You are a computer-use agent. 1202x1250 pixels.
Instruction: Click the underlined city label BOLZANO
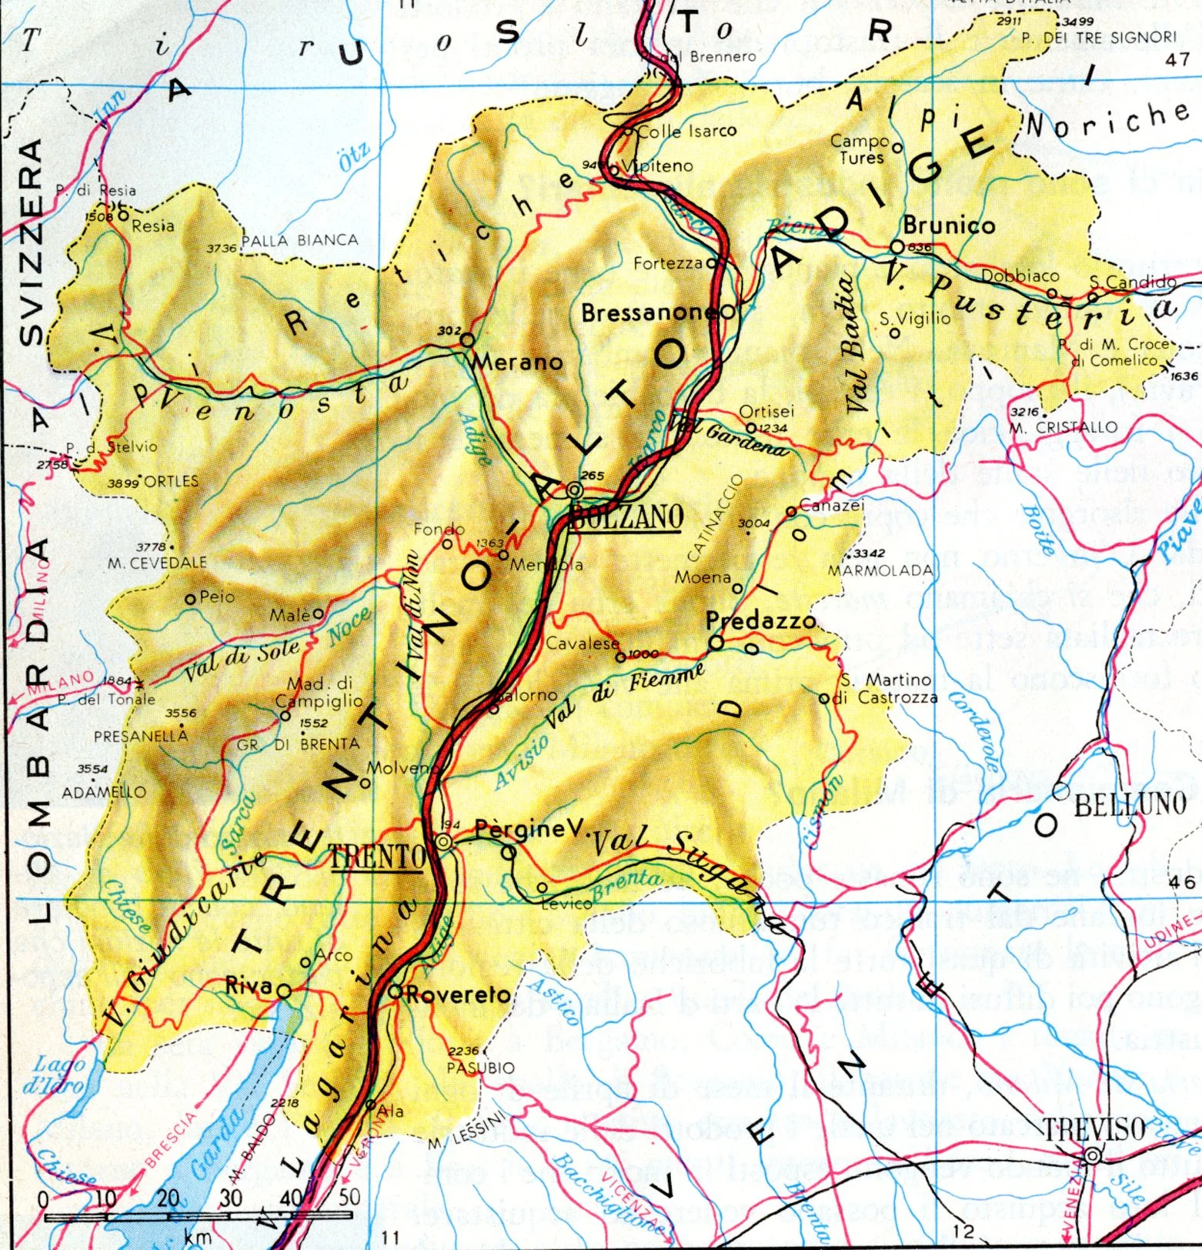[626, 517]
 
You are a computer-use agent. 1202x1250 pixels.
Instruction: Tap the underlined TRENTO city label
[377, 856]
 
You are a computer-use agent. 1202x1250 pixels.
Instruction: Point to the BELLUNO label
[1130, 804]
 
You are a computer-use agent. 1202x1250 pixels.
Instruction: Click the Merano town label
[517, 361]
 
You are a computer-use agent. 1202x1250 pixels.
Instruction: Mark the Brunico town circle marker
[896, 246]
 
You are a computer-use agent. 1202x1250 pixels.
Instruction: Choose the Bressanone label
[649, 313]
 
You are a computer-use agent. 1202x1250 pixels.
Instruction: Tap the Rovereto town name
[458, 994]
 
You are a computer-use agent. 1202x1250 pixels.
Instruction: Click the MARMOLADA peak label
[880, 570]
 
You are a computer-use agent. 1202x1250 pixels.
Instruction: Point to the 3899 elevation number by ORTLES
[123, 483]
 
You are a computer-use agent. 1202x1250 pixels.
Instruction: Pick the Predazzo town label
[760, 620]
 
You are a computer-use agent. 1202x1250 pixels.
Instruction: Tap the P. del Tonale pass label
[106, 700]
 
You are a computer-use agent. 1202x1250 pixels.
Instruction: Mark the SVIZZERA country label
[31, 242]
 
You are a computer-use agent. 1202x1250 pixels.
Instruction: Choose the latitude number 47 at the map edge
[1177, 59]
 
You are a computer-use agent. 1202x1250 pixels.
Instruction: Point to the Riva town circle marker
[284, 991]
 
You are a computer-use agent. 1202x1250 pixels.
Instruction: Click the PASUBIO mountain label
[480, 1068]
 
